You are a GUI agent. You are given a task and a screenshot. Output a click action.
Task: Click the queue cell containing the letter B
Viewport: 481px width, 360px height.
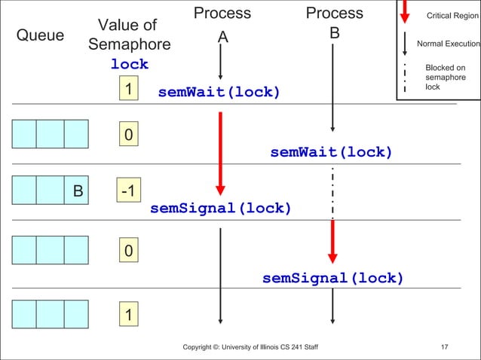click(77, 191)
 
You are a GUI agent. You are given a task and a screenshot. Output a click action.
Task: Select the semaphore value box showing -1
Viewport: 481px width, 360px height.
click(128, 191)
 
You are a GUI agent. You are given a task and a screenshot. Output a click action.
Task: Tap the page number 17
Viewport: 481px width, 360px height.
click(444, 347)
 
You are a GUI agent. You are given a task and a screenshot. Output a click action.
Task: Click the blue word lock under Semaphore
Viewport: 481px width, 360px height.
click(130, 65)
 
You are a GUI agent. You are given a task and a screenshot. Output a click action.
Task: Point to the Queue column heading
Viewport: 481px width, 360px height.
click(40, 35)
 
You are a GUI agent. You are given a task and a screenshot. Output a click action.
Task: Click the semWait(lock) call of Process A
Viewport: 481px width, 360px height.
click(219, 93)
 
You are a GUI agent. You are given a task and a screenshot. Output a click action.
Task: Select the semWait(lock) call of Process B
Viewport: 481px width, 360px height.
click(331, 153)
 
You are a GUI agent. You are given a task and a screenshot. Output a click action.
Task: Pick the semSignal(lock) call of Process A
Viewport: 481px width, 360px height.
click(220, 208)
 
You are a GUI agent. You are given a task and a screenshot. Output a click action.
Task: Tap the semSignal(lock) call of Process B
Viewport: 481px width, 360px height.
click(332, 279)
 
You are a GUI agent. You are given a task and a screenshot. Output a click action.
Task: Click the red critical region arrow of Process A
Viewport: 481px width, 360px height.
click(220, 151)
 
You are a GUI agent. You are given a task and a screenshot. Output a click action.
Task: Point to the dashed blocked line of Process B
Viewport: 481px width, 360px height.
click(332, 192)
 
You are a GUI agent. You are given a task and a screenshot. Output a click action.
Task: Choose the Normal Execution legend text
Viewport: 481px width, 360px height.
click(448, 44)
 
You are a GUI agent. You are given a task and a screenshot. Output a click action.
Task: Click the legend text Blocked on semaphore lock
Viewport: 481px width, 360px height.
click(445, 78)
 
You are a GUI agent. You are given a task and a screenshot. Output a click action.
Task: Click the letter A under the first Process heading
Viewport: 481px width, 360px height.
click(222, 38)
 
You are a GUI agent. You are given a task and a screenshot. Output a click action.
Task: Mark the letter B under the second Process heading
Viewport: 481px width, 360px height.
click(334, 35)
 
